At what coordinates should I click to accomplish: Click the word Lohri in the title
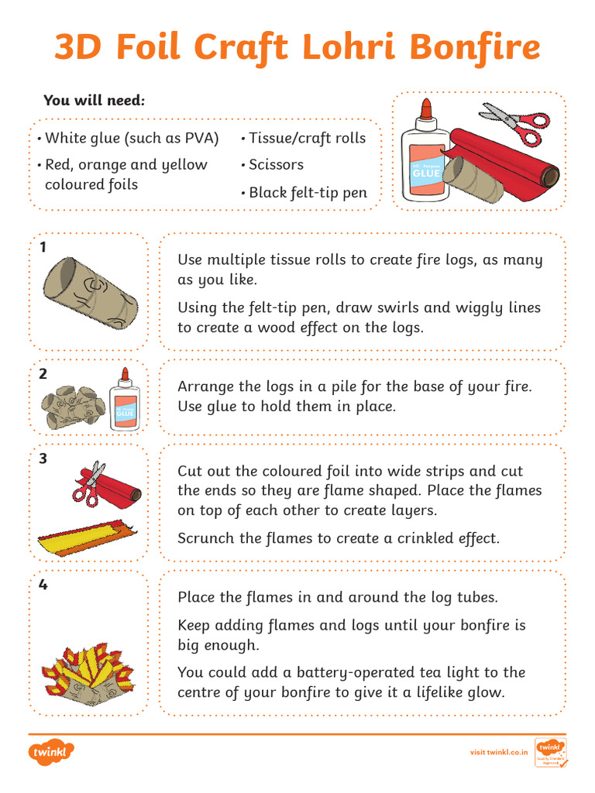[x=354, y=48]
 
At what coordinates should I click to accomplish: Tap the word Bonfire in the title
[x=474, y=48]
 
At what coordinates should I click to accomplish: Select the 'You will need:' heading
[x=95, y=101]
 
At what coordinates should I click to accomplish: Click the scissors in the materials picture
[x=515, y=122]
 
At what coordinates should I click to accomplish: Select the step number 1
[x=43, y=247]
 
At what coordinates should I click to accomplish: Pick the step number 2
[x=43, y=374]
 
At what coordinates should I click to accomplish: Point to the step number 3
[x=43, y=458]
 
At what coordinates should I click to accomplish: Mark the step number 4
[x=43, y=585]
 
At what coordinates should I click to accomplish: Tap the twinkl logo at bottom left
[x=52, y=751]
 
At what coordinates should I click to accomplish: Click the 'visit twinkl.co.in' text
[x=500, y=752]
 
